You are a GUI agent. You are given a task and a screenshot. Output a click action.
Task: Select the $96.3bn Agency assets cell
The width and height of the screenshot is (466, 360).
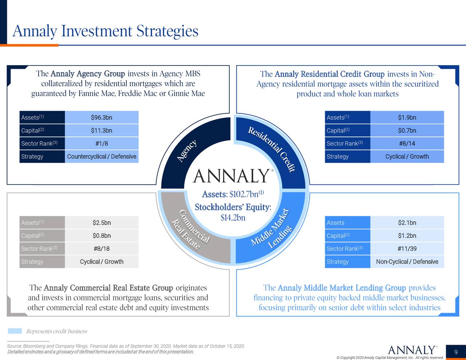click(102, 117)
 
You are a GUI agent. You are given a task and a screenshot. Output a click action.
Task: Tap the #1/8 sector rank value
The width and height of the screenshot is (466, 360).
click(102, 143)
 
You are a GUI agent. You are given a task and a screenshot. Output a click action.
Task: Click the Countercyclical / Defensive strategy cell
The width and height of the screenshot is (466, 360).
click(102, 157)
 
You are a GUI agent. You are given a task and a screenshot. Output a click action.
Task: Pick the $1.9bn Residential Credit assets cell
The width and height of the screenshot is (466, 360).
click(407, 117)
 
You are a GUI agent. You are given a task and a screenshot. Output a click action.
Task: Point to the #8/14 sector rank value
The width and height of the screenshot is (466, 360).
click(407, 143)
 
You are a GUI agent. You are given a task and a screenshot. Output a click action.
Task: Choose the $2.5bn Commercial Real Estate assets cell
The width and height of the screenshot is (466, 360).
click(102, 222)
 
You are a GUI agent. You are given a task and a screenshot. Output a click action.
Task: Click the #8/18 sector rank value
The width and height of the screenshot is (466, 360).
click(102, 249)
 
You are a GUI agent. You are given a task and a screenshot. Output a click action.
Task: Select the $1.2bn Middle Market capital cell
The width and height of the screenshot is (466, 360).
click(407, 236)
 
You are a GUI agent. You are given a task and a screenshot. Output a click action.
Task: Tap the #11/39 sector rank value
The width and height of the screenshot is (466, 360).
click(407, 249)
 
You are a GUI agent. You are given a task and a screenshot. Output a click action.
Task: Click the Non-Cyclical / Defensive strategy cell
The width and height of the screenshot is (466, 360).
click(407, 262)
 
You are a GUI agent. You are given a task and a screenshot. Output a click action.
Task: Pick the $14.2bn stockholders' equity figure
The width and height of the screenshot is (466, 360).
click(233, 218)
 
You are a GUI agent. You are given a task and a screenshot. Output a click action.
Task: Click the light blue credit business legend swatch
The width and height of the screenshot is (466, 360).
click(15, 331)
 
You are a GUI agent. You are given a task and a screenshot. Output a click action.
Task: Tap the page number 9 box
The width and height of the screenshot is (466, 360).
click(456, 352)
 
